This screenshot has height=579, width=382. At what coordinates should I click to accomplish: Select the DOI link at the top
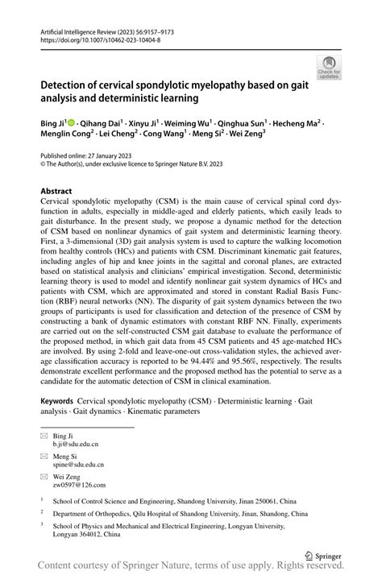tap(100, 39)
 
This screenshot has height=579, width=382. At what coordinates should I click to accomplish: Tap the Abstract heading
tap(61, 191)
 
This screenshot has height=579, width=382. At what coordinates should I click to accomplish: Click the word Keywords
tap(60, 400)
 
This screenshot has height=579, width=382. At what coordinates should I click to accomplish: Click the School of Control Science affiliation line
tap(169, 500)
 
